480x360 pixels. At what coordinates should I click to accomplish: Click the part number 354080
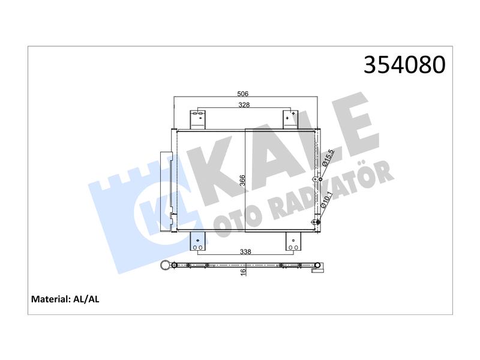(x=404, y=65)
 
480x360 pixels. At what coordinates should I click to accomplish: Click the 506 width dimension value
(x=243, y=94)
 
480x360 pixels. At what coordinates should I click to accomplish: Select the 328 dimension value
(x=244, y=104)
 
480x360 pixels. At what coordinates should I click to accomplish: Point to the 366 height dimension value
(x=242, y=181)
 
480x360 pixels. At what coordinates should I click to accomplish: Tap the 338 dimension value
(x=245, y=251)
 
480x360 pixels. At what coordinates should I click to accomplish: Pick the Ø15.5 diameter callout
(x=328, y=158)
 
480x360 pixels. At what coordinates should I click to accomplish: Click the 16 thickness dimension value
(x=244, y=272)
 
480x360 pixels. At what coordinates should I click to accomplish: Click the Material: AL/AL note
(x=65, y=299)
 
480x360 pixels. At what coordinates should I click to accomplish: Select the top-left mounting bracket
(x=198, y=119)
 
